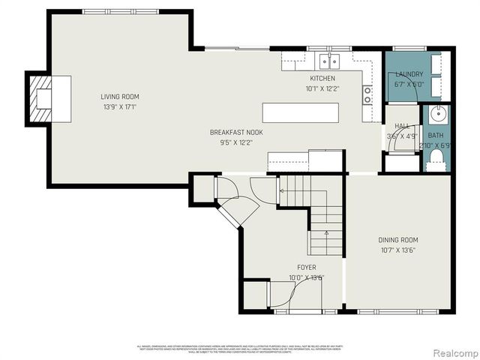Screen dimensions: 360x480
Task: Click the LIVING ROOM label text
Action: click(120, 96)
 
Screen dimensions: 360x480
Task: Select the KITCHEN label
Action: click(322, 78)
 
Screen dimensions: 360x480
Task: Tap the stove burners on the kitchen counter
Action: click(367, 94)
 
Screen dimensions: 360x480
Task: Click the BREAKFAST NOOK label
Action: click(236, 132)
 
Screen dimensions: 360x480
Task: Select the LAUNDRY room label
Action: click(409, 74)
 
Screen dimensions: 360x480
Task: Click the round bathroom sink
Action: click(437, 115)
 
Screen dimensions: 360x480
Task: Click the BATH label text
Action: click(436, 136)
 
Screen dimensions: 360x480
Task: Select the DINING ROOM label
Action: click(397, 240)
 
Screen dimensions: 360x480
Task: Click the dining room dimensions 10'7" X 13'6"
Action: click(397, 250)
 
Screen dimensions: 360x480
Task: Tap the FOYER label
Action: click(306, 267)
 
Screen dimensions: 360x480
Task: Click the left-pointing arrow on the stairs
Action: click(283, 191)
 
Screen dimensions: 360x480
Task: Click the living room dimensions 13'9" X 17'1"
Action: click(120, 106)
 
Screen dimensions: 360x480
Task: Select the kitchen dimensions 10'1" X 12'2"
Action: click(322, 88)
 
